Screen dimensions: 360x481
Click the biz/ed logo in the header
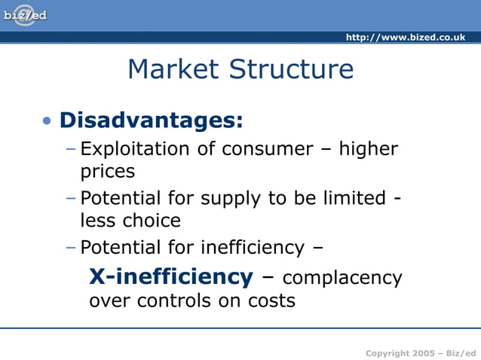pyautogui.click(x=25, y=16)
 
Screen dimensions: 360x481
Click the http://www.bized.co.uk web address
pyautogui.click(x=405, y=37)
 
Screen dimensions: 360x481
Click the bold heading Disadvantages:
pyautogui.click(x=151, y=120)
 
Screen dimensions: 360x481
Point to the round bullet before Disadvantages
pyautogui.click(x=48, y=121)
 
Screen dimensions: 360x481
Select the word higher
pyautogui.click(x=368, y=149)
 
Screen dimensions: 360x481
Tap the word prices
pyautogui.click(x=108, y=172)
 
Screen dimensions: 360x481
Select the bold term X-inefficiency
pyautogui.click(x=171, y=276)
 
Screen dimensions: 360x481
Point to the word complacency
pyautogui.click(x=342, y=279)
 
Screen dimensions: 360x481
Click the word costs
pyautogui.click(x=271, y=301)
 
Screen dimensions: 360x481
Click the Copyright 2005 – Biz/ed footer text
pyautogui.click(x=420, y=353)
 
